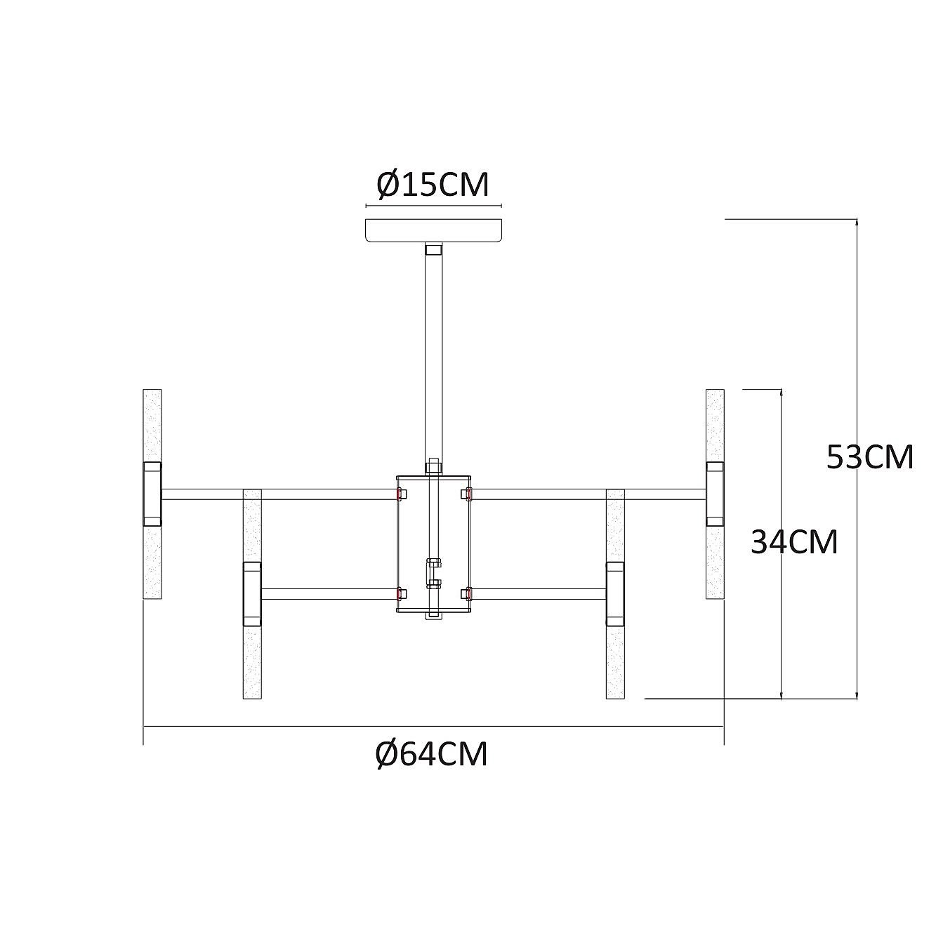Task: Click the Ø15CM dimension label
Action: [x=433, y=185]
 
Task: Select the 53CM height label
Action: [x=870, y=457]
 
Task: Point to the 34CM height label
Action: [x=795, y=542]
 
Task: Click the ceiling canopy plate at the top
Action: [x=433, y=230]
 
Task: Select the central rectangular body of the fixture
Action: [x=434, y=543]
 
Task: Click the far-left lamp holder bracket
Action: [x=152, y=494]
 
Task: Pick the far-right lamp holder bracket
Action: [x=715, y=494]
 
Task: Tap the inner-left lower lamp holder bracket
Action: [x=252, y=594]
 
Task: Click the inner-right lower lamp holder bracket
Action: [x=615, y=594]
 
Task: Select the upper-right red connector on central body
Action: [x=467, y=494]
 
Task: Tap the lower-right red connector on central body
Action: [x=467, y=593]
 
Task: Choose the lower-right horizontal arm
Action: [x=539, y=593]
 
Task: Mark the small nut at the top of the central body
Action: [x=433, y=468]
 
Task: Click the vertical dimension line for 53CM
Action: [x=857, y=459]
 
